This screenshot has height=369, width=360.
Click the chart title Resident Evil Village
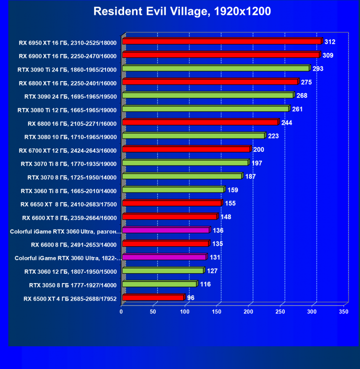[x=182, y=11]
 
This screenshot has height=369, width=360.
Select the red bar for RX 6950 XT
[x=222, y=42]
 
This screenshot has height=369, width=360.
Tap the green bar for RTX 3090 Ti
[x=216, y=68]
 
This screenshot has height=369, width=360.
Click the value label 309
[x=328, y=55]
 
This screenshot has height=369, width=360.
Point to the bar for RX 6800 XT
[x=210, y=82]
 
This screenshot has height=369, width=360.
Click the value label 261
[x=297, y=109]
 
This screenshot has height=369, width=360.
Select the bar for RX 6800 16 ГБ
[x=200, y=122]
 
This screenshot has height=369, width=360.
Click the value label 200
[x=259, y=150]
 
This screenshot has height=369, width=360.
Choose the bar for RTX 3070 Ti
[x=185, y=163]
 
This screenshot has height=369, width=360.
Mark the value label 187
[x=250, y=176]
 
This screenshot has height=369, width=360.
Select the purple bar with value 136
[x=165, y=230]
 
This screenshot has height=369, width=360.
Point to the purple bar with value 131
[x=164, y=257]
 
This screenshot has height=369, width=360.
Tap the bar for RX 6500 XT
[x=153, y=297]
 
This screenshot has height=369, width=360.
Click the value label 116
[x=205, y=284]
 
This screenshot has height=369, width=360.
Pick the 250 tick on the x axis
[x=280, y=312]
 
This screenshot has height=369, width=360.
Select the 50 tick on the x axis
[x=153, y=312]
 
